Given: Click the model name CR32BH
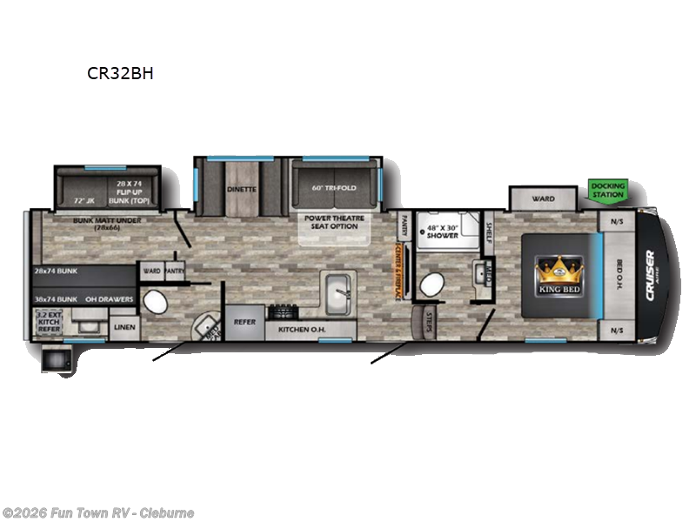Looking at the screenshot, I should [120, 73].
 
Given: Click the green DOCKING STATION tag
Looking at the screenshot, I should [607, 190].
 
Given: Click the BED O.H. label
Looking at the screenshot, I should [619, 272].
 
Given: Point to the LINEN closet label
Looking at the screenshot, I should [123, 327].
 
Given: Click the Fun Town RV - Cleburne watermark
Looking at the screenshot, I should [98, 512].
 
